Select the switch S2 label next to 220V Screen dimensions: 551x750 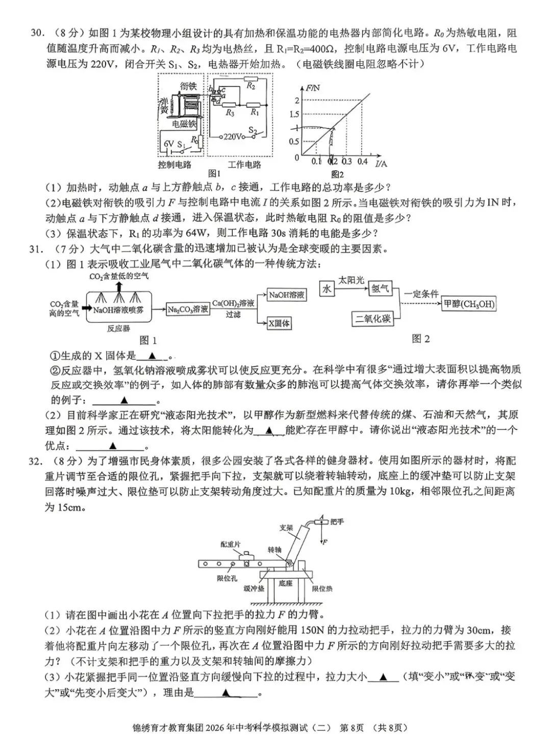coord(253,130)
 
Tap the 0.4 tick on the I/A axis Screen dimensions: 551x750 coord(362,162)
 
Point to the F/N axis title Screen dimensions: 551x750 coord(313,88)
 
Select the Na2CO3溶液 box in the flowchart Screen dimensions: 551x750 coord(188,309)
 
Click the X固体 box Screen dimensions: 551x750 coord(279,323)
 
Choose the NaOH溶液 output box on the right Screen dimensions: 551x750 coord(287,295)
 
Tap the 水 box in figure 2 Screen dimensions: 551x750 coord(327,289)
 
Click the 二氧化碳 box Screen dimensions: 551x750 coord(373,318)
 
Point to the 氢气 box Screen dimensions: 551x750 coord(380,289)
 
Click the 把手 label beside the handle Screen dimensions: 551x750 coord(337,521)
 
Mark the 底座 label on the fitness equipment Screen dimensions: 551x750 coord(286,583)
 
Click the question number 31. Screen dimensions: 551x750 coord(35,249)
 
